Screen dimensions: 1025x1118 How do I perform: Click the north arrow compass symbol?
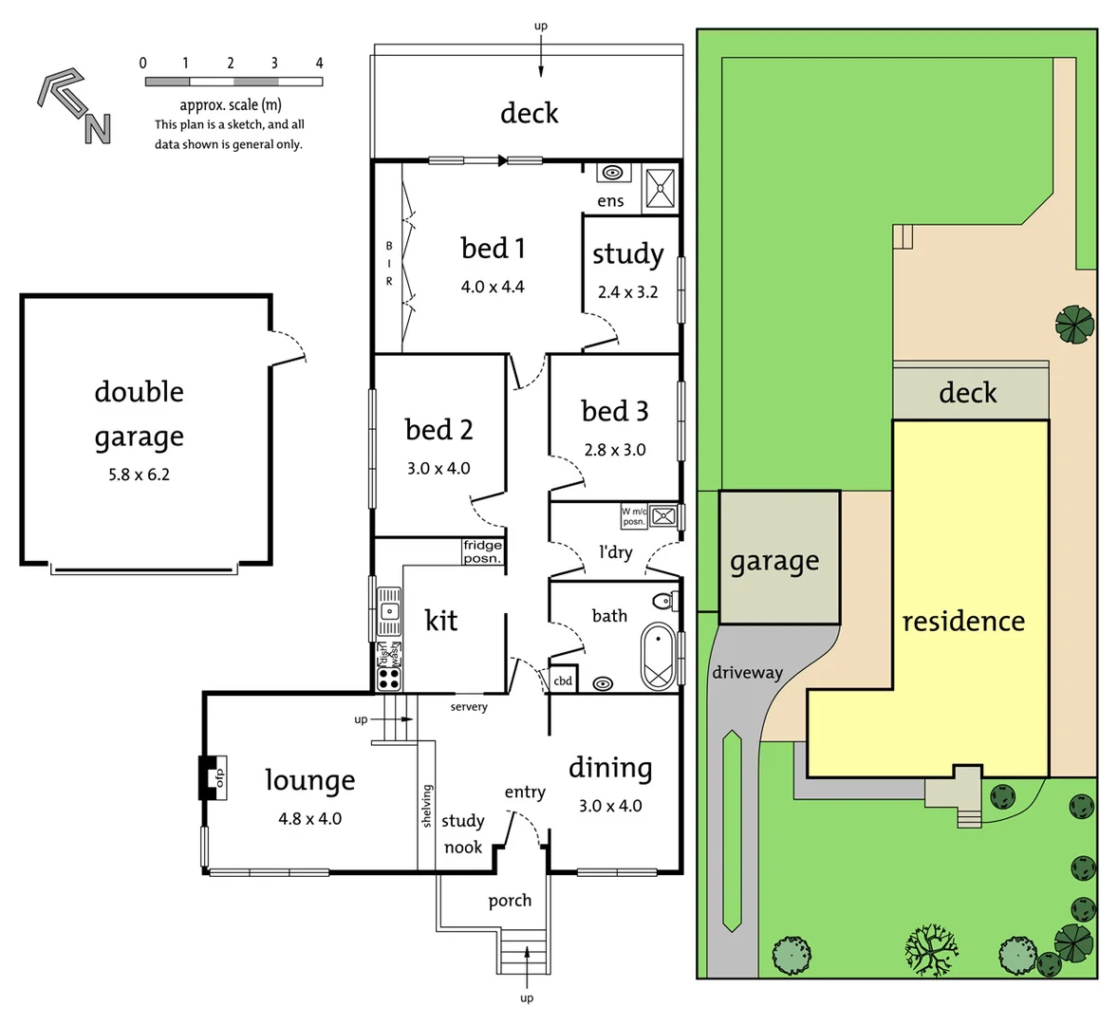click(x=74, y=105)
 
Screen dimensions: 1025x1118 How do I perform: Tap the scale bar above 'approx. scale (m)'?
click(x=233, y=83)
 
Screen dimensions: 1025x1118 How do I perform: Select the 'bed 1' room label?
click(x=493, y=249)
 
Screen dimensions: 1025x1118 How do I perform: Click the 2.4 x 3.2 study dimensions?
click(x=627, y=292)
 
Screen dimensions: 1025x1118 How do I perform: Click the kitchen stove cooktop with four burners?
click(x=389, y=678)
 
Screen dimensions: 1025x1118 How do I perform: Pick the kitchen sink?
click(x=389, y=611)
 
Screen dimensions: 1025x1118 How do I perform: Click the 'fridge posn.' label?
click(x=482, y=551)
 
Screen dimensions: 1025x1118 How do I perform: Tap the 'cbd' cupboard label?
click(x=563, y=680)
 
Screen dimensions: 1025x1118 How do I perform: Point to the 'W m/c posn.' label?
click(x=633, y=516)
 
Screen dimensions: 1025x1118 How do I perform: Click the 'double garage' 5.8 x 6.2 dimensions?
click(x=139, y=475)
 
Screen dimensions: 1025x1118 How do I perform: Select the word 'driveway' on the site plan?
click(x=747, y=673)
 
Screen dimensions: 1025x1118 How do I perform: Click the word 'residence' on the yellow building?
click(x=962, y=622)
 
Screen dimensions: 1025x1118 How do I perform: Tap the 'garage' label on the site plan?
click(x=774, y=562)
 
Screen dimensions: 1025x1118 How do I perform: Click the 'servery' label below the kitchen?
click(x=469, y=707)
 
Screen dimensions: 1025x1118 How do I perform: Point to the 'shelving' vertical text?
click(x=427, y=806)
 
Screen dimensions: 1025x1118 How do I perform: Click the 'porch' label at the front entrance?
click(x=510, y=901)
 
